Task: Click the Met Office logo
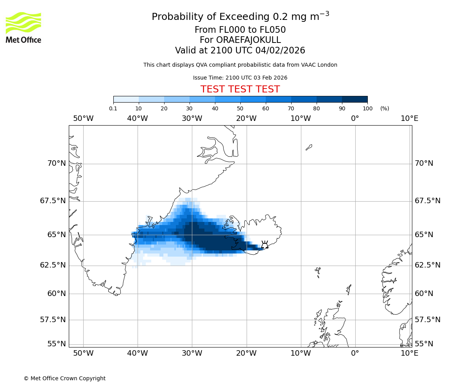pos(23,27)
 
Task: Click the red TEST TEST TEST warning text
pos(240,89)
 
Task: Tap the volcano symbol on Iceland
pos(265,245)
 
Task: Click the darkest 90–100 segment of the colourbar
pos(354,99)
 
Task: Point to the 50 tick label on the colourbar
pos(240,108)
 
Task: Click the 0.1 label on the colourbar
pos(113,108)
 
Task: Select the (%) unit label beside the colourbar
pos(385,108)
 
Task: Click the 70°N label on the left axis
pos(56,163)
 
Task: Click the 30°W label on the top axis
pos(192,119)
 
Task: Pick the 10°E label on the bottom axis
pos(409,353)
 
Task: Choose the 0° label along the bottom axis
pos(355,353)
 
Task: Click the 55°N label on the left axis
pos(56,344)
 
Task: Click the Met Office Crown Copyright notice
pos(64,378)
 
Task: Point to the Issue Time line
pos(240,78)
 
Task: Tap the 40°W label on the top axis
pos(138,119)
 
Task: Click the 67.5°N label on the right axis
pos(428,201)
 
